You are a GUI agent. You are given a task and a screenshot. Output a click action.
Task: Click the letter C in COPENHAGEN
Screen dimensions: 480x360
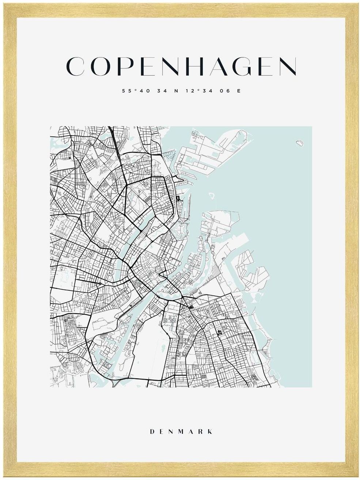(x=73, y=67)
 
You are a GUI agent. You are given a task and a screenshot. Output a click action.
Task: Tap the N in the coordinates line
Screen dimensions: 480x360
(x=176, y=91)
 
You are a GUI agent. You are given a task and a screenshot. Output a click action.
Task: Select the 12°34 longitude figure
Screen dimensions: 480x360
(x=198, y=91)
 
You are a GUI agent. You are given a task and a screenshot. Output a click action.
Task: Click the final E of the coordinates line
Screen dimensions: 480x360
(x=239, y=91)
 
